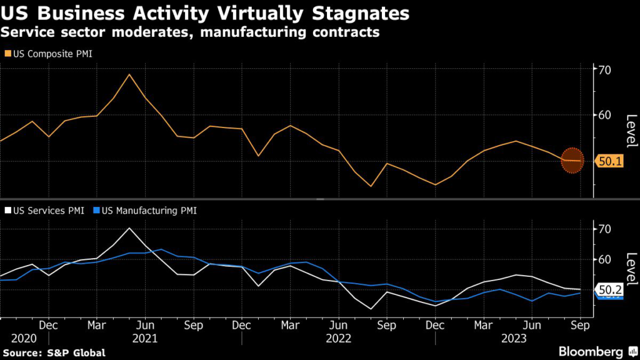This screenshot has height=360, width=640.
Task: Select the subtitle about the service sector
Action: pyautogui.click(x=191, y=32)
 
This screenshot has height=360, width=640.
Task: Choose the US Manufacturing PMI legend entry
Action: pyautogui.click(x=148, y=211)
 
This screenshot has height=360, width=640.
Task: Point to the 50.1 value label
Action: pyautogui.click(x=609, y=161)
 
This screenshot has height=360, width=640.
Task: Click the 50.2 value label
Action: pyautogui.click(x=609, y=290)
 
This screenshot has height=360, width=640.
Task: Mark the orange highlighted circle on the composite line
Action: pyautogui.click(x=572, y=161)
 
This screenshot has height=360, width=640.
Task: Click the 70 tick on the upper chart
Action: pyautogui.click(x=604, y=69)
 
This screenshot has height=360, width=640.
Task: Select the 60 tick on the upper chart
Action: pyautogui.click(x=604, y=115)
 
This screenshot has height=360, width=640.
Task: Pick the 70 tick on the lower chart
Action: pyautogui.click(x=604, y=229)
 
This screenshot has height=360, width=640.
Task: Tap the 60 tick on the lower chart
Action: pyautogui.click(x=604, y=259)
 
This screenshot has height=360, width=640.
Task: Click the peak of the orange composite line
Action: pyautogui.click(x=129, y=74)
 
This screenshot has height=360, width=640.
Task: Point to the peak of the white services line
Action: pyautogui.click(x=129, y=228)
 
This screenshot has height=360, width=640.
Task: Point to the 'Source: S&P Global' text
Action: pyautogui.click(x=53, y=353)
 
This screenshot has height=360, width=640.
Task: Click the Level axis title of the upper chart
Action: pyautogui.click(x=631, y=131)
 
